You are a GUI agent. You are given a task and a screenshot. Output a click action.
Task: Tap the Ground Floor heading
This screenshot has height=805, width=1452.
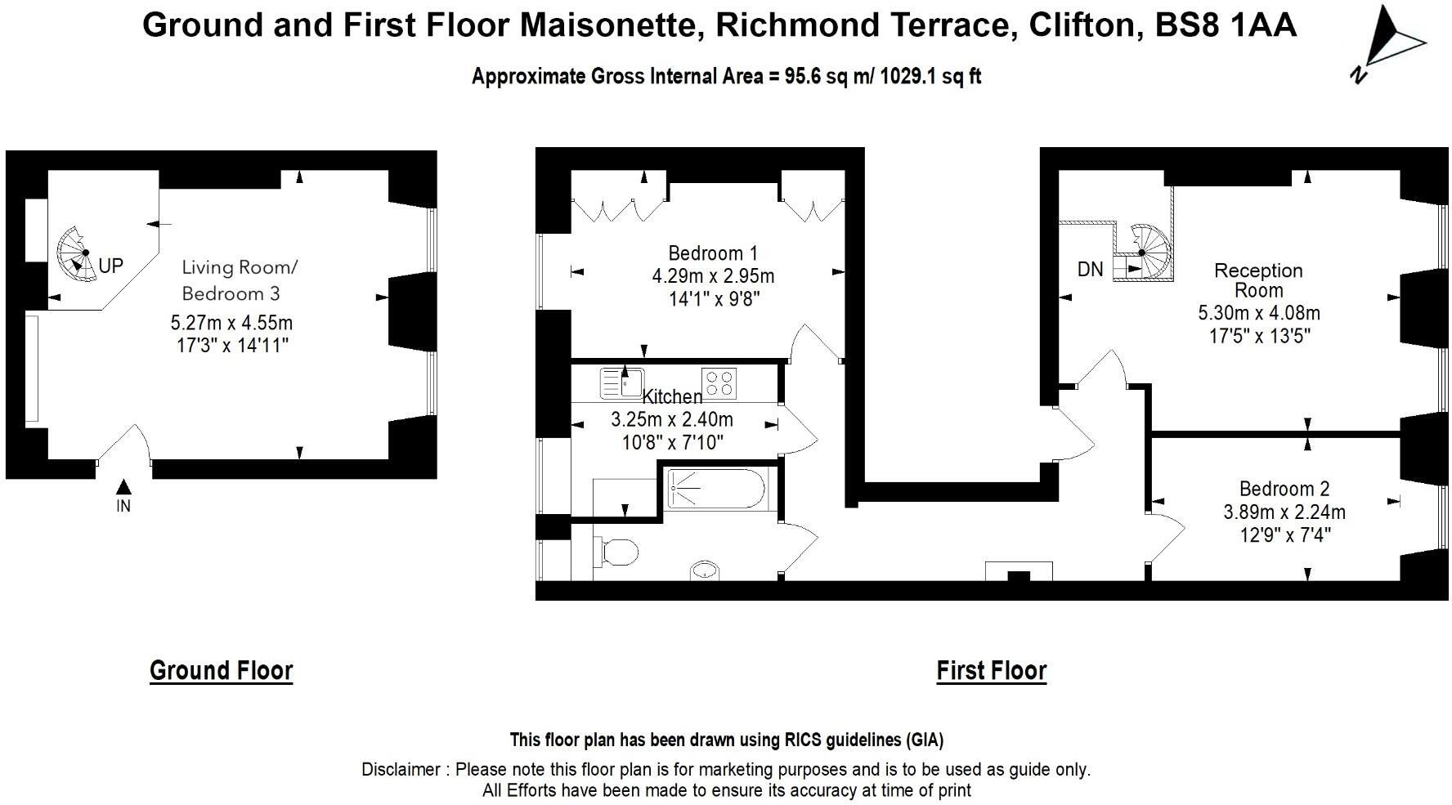pos(221,670)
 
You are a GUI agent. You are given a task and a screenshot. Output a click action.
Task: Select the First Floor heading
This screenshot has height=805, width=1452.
pos(991,670)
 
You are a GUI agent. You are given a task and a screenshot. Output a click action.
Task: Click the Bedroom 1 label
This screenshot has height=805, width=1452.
pos(713,253)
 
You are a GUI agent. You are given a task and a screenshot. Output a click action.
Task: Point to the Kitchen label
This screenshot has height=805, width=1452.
pos(672,397)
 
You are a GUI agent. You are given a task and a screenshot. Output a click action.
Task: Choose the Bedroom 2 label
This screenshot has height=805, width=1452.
pos(1284,489)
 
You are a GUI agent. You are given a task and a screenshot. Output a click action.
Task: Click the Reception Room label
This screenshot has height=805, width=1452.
pos(1259,280)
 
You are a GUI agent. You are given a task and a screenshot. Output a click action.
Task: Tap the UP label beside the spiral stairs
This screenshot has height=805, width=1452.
pos(110,266)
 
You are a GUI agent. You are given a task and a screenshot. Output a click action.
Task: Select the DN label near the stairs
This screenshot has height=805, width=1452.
pos(1090,269)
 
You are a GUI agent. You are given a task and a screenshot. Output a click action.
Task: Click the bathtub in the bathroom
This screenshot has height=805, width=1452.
pos(716,489)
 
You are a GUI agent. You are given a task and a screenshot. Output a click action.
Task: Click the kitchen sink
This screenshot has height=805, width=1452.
pos(621,382)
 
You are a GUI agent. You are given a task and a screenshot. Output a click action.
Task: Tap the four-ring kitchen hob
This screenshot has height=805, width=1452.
pos(719,382)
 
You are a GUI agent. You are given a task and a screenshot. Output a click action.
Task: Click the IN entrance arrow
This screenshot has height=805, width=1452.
pos(123,487)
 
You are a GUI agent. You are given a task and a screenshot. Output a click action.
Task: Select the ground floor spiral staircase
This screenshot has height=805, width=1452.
pos(78,252)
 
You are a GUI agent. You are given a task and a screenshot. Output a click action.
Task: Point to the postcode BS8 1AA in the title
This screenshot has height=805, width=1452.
pos(1226,25)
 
